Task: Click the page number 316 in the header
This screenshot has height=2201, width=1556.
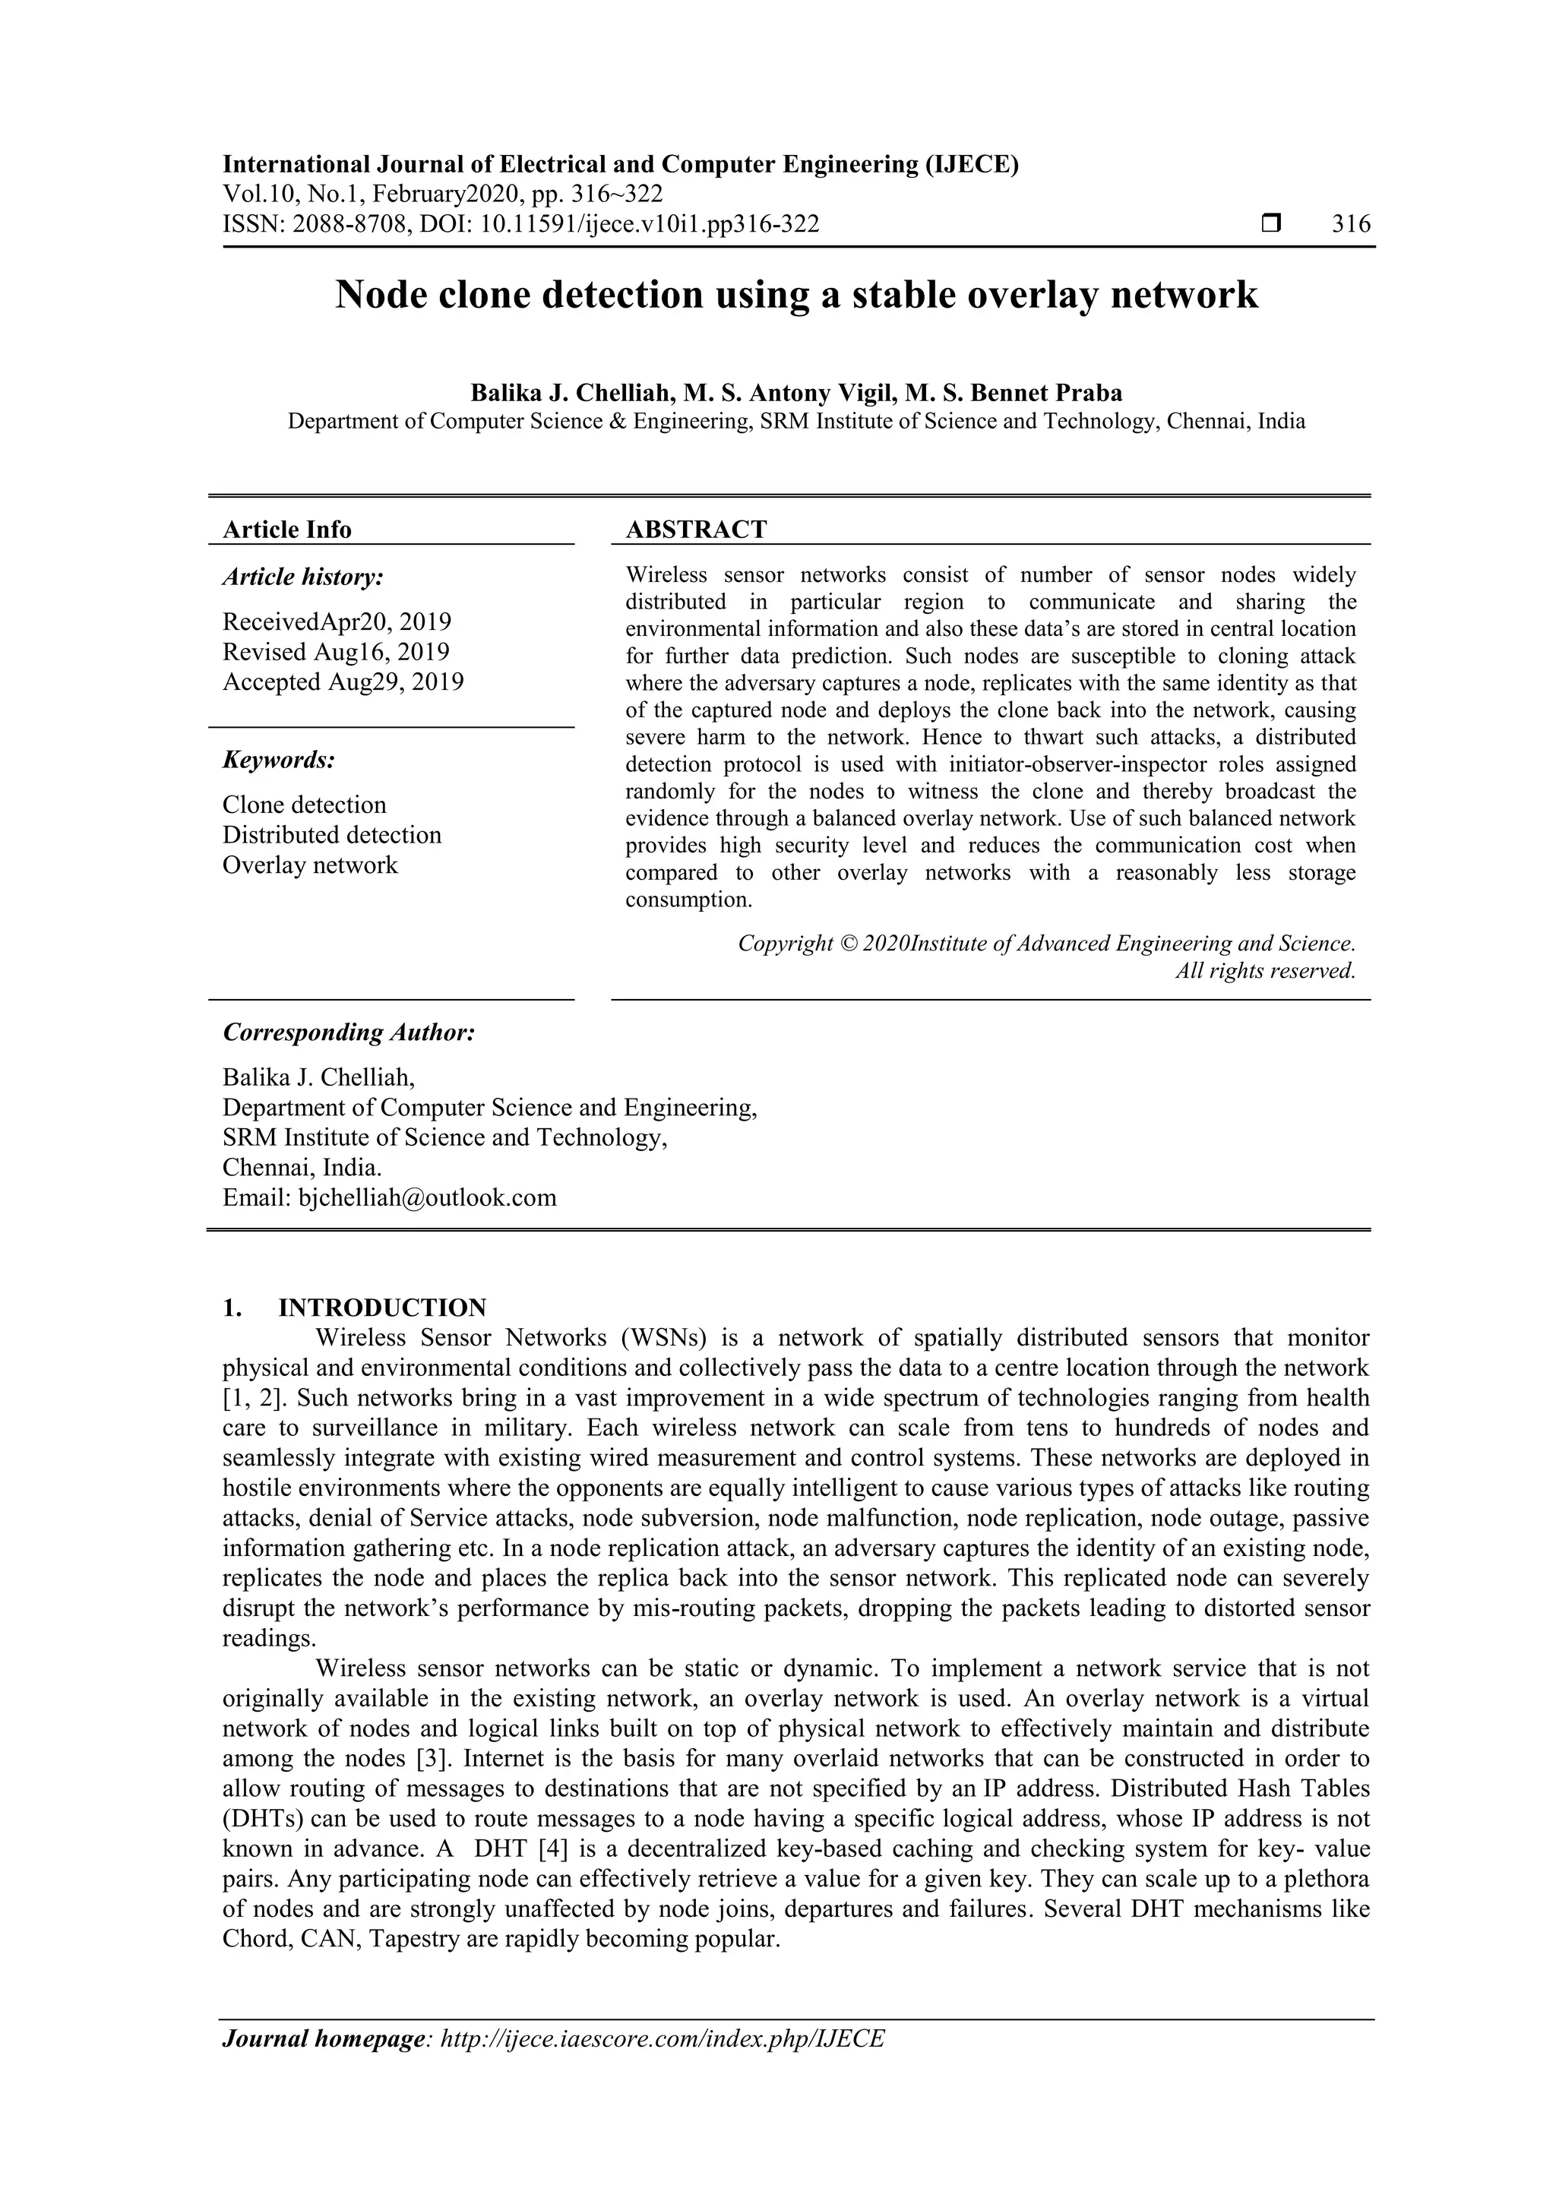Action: click(1351, 224)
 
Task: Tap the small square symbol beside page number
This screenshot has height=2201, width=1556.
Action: click(1271, 224)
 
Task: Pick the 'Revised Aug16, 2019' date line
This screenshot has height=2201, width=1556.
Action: click(336, 652)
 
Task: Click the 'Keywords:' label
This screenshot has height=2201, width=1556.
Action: click(279, 761)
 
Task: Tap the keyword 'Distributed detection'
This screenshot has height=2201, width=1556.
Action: click(332, 835)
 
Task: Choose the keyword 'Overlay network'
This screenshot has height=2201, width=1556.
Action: click(310, 865)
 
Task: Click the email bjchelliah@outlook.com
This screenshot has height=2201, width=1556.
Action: click(428, 1197)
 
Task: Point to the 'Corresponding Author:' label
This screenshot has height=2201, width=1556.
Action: click(349, 1033)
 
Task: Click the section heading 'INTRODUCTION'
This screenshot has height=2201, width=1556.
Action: click(381, 1308)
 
